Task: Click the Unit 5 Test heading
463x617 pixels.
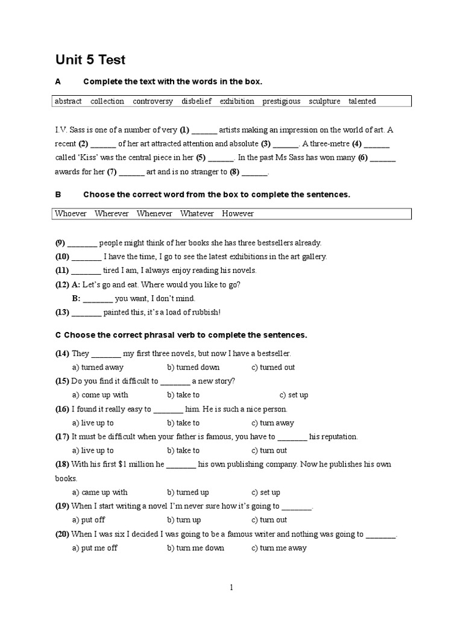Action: pyautogui.click(x=90, y=60)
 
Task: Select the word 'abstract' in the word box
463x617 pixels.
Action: pyautogui.click(x=68, y=101)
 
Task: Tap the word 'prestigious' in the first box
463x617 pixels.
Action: pyautogui.click(x=281, y=101)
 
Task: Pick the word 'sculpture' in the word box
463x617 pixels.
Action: pyautogui.click(x=324, y=101)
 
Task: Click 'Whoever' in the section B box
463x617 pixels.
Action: pyautogui.click(x=71, y=213)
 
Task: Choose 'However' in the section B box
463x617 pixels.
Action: pyautogui.click(x=238, y=213)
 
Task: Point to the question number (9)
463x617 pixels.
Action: pyautogui.click(x=60, y=243)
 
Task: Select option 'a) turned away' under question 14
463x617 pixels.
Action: pyautogui.click(x=98, y=367)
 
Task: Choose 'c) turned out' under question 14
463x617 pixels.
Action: pyautogui.click(x=273, y=367)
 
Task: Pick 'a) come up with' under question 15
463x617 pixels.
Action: pyautogui.click(x=100, y=395)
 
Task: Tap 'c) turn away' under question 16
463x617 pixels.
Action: pyautogui.click(x=272, y=423)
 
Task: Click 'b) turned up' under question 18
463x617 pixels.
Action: pyautogui.click(x=188, y=492)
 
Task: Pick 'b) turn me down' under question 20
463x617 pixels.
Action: pyautogui.click(x=195, y=548)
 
